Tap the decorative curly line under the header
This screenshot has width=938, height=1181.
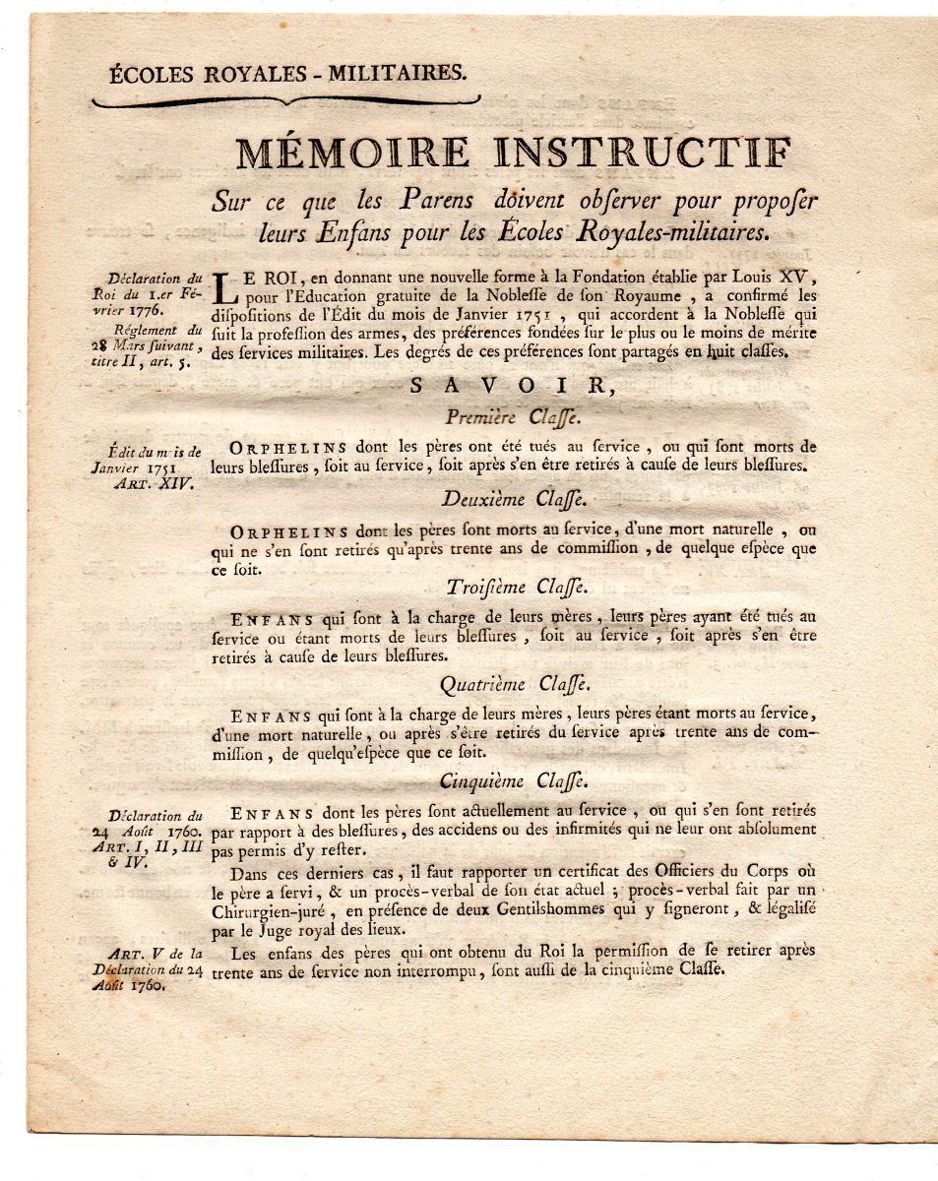[x=285, y=101]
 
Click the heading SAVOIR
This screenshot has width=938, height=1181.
[x=514, y=388]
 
